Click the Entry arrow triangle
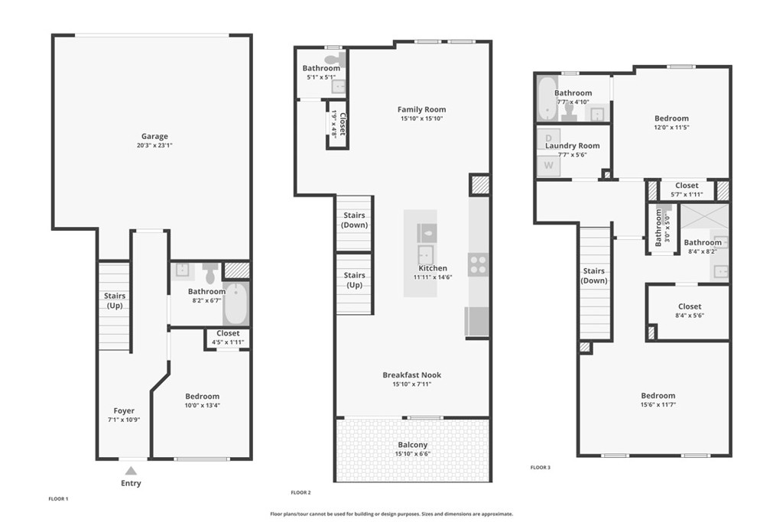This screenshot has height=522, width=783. point(132,471)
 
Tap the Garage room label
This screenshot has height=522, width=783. point(154,137)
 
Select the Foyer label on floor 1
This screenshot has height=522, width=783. point(124,411)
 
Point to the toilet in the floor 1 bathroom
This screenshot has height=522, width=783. point(210,272)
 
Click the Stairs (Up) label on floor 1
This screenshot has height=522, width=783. point(115,300)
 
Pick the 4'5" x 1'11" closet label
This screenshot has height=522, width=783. point(228,333)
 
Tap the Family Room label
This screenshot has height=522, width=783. point(421,109)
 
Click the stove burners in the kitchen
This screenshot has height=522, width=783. point(479,264)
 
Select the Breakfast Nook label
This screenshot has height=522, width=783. point(412,375)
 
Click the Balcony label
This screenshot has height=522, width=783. point(412,445)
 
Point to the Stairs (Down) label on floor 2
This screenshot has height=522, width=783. point(354,220)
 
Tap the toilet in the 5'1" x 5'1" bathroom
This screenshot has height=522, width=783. point(333,59)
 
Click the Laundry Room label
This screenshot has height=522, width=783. point(572,145)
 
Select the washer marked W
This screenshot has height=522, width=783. point(548,165)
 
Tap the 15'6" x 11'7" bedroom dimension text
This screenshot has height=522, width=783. point(658,405)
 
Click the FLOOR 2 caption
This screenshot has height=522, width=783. point(301,492)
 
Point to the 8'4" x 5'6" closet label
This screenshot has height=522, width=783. point(689,306)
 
